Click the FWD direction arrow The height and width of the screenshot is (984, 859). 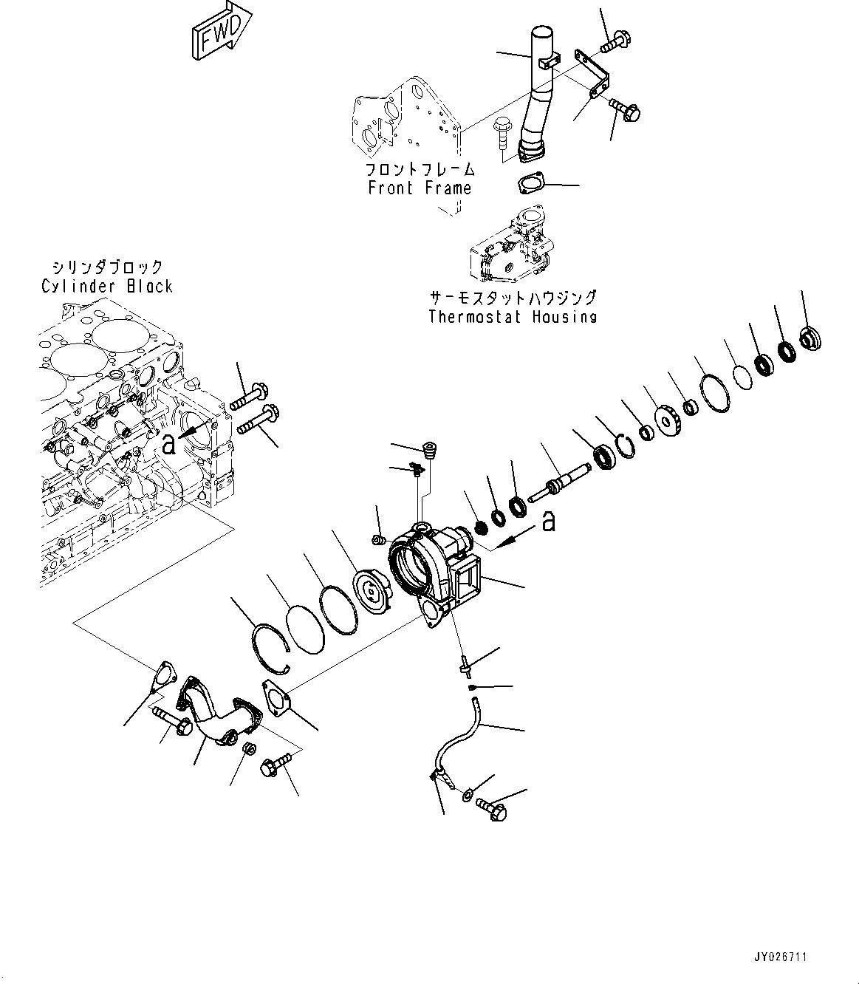click(222, 32)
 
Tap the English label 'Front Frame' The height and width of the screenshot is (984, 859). click(420, 188)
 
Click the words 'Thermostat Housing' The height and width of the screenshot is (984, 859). click(513, 317)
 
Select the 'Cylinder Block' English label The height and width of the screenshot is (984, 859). click(106, 286)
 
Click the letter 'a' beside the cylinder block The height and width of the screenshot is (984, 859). click(168, 445)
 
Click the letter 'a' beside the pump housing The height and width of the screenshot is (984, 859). click(549, 522)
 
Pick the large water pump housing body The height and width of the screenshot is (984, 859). click(435, 573)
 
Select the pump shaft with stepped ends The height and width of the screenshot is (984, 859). click(560, 482)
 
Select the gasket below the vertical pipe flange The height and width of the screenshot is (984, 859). click(531, 183)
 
